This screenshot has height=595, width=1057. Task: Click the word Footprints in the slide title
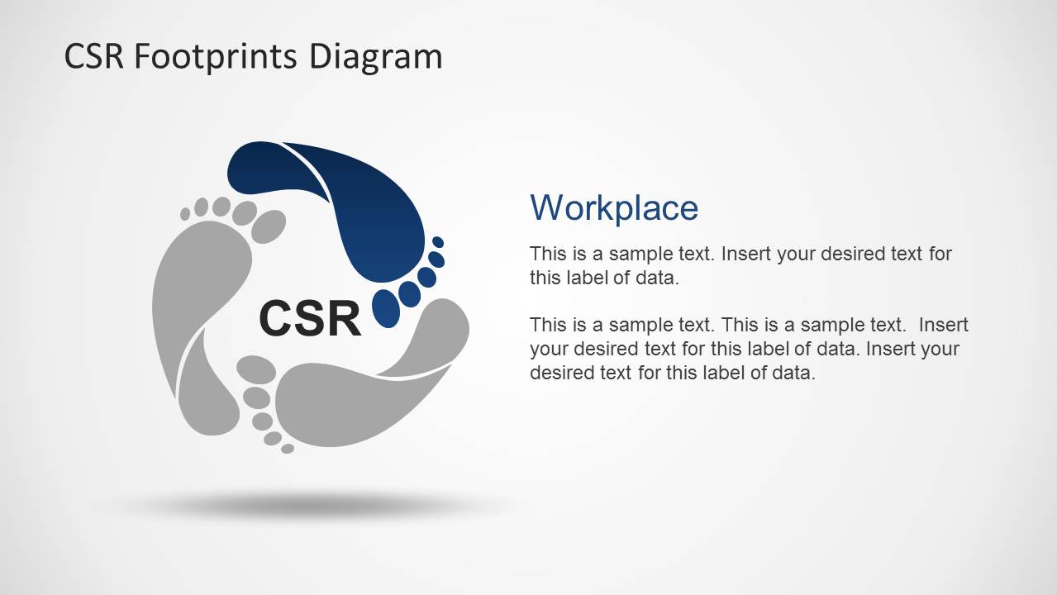click(216, 56)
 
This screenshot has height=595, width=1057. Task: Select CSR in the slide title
click(93, 56)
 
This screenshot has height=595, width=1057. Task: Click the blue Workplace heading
click(613, 207)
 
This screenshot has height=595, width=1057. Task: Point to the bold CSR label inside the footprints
click(310, 318)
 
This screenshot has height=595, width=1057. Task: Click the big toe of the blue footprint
click(386, 307)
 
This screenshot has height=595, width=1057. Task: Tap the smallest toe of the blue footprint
click(438, 242)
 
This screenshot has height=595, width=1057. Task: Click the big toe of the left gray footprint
click(267, 226)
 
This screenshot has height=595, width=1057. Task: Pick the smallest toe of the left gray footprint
click(185, 214)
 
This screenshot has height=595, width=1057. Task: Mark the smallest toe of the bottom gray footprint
click(288, 449)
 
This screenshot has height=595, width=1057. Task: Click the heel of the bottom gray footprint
click(434, 331)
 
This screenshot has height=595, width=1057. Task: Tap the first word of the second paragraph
click(546, 325)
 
